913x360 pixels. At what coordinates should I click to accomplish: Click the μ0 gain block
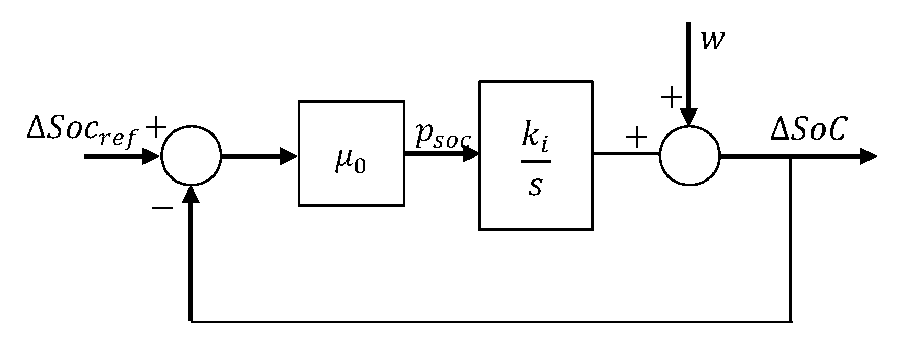point(351,153)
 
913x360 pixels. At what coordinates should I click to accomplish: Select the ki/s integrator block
point(536,155)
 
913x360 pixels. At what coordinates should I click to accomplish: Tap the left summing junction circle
point(192,155)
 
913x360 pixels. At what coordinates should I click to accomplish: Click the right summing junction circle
point(689,155)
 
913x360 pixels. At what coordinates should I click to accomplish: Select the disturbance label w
point(713,41)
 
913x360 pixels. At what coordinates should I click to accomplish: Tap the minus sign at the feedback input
point(163,208)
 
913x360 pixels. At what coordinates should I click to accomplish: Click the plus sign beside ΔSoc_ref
point(155,127)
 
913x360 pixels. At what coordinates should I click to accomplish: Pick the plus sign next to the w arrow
point(672,98)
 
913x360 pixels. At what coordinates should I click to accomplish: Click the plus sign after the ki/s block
point(637,138)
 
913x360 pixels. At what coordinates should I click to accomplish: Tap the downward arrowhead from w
point(689,117)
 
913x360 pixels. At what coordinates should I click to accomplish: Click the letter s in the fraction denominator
point(535,186)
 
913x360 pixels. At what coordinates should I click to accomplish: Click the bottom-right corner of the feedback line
point(789,321)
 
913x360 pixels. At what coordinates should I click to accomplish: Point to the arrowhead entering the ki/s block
point(471,154)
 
